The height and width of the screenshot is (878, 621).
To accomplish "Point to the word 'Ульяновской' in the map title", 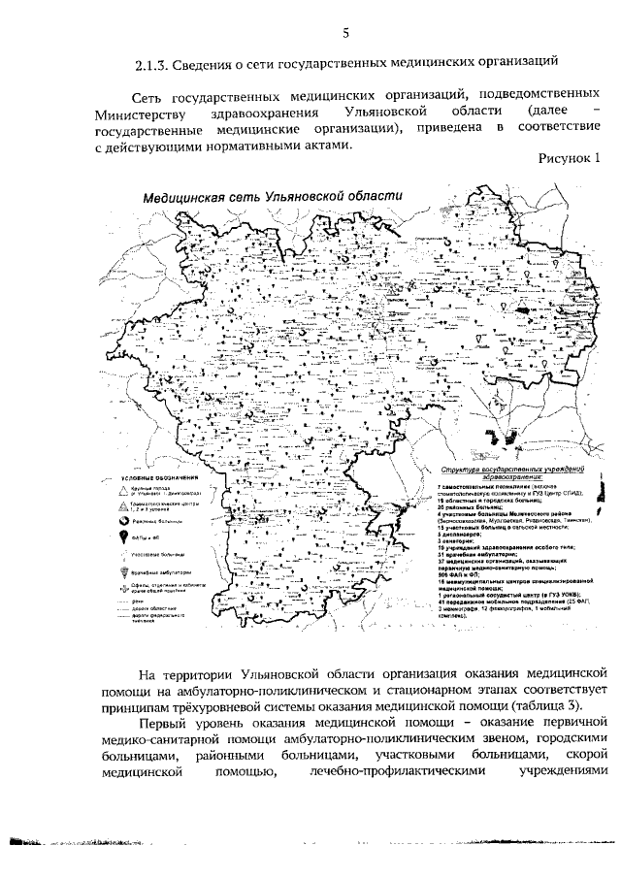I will [x=302, y=195].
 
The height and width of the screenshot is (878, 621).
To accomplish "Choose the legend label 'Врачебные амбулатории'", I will [x=173, y=571].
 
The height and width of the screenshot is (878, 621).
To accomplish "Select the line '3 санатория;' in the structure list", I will [x=462, y=541].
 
